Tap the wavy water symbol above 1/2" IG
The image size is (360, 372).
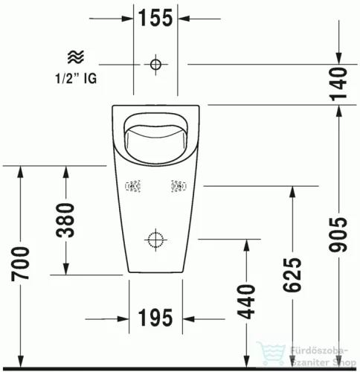pos(75,57)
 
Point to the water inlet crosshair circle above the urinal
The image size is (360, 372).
pos(155,64)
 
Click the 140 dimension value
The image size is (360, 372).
pos(339,83)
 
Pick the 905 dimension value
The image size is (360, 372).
pos(339,236)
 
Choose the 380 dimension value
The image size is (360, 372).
pos(66,219)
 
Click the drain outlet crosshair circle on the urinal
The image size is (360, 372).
pos(155,240)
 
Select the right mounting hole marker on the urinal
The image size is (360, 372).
pos(179,186)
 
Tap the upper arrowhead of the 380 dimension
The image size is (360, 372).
pos(66,169)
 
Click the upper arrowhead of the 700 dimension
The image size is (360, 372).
pos(22,169)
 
